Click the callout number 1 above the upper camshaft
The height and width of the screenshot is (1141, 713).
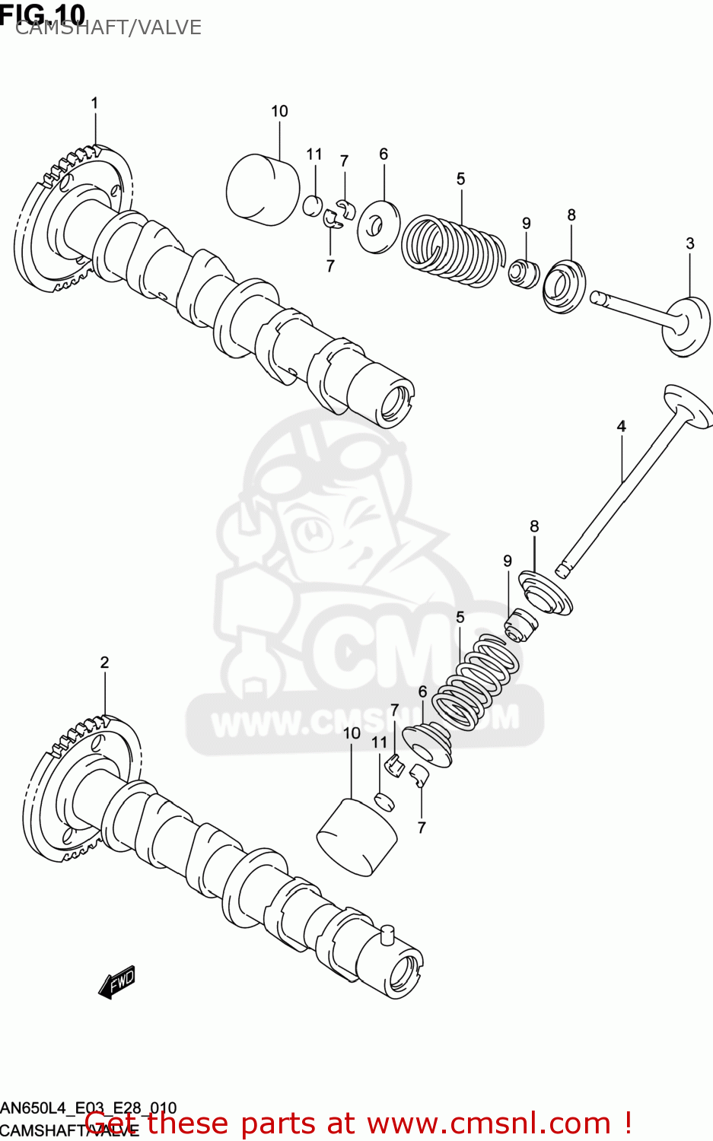94,103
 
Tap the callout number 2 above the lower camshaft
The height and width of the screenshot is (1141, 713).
104,663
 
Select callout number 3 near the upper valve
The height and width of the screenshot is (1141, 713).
689,244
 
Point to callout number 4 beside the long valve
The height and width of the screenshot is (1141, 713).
621,427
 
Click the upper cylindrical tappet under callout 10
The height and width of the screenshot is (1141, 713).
263,190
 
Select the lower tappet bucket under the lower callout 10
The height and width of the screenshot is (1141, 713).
356,836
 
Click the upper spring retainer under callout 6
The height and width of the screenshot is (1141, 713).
378,226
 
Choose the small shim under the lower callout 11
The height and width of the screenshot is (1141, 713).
384,801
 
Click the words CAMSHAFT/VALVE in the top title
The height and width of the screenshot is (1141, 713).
108,27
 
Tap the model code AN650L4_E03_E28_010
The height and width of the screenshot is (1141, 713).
88,1108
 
